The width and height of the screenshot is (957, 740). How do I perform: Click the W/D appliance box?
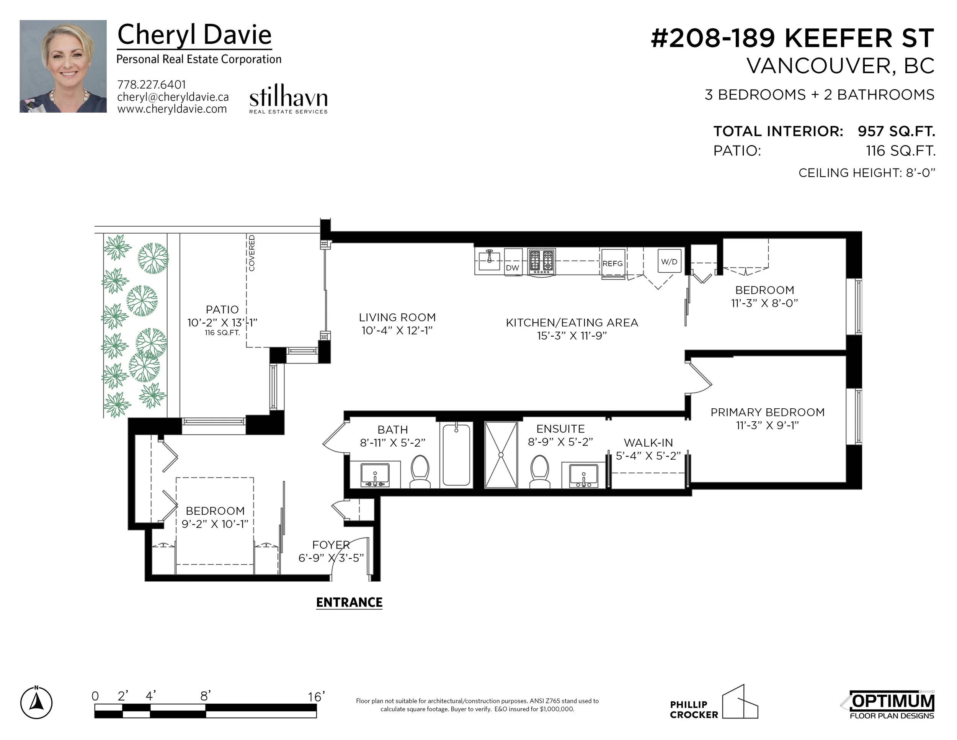click(669, 261)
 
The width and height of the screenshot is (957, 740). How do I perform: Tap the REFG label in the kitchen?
click(612, 264)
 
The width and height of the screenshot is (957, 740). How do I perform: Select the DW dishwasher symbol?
click(513, 262)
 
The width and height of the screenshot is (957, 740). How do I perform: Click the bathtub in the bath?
click(456, 455)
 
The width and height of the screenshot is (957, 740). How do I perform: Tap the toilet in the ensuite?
click(540, 471)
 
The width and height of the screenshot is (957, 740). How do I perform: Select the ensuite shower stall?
click(501, 455)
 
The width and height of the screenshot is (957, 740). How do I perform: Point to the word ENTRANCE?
click(349, 602)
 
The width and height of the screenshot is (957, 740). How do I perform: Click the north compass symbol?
click(36, 703)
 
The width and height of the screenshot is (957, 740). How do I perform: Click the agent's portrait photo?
click(63, 66)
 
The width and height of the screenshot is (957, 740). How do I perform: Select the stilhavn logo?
click(288, 99)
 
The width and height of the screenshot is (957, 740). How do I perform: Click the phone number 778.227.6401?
click(152, 85)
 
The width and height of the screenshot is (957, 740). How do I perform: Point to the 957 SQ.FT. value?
click(897, 131)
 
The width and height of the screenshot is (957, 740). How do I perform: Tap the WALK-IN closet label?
click(648, 443)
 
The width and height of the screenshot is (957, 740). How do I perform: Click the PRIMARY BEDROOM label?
click(767, 412)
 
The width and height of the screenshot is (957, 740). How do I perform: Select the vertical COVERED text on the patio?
click(252, 253)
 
